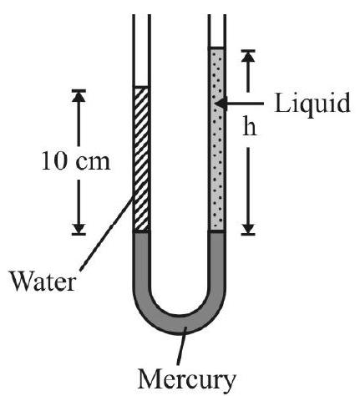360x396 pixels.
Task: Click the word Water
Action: [43, 282]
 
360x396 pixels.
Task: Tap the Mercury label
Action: [186, 380]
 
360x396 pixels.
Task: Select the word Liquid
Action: [312, 104]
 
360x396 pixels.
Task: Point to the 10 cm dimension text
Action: [76, 162]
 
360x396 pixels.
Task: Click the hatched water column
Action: [142, 159]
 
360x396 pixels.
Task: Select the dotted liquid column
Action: [216, 140]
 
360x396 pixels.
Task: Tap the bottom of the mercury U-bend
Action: [180, 324]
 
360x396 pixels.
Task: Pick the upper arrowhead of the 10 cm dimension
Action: [79, 96]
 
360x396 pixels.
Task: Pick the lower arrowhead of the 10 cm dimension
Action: [79, 228]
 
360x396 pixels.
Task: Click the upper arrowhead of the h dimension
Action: [248, 57]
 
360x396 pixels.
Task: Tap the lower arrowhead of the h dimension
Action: [248, 228]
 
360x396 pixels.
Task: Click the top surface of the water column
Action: [142, 87]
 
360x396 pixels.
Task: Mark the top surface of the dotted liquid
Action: [216, 48]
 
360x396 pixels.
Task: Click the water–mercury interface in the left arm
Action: [142, 231]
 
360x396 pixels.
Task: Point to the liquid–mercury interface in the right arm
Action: [216, 231]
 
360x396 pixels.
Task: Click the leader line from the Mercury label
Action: [181, 345]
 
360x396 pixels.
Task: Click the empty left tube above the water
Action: [142, 50]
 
